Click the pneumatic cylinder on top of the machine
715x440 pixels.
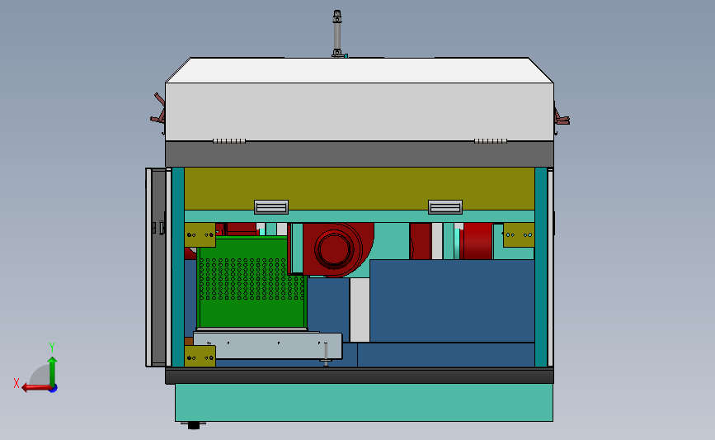click(337, 33)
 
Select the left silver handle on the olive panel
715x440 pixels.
click(271, 207)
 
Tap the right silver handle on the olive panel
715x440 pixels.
click(445, 207)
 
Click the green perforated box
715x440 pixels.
click(252, 282)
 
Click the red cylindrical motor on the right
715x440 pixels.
click(477, 241)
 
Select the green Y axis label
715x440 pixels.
click(51, 348)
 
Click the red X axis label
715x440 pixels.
click(16, 383)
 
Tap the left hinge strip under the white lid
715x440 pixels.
click(229, 141)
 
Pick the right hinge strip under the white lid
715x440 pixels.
click(491, 141)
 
